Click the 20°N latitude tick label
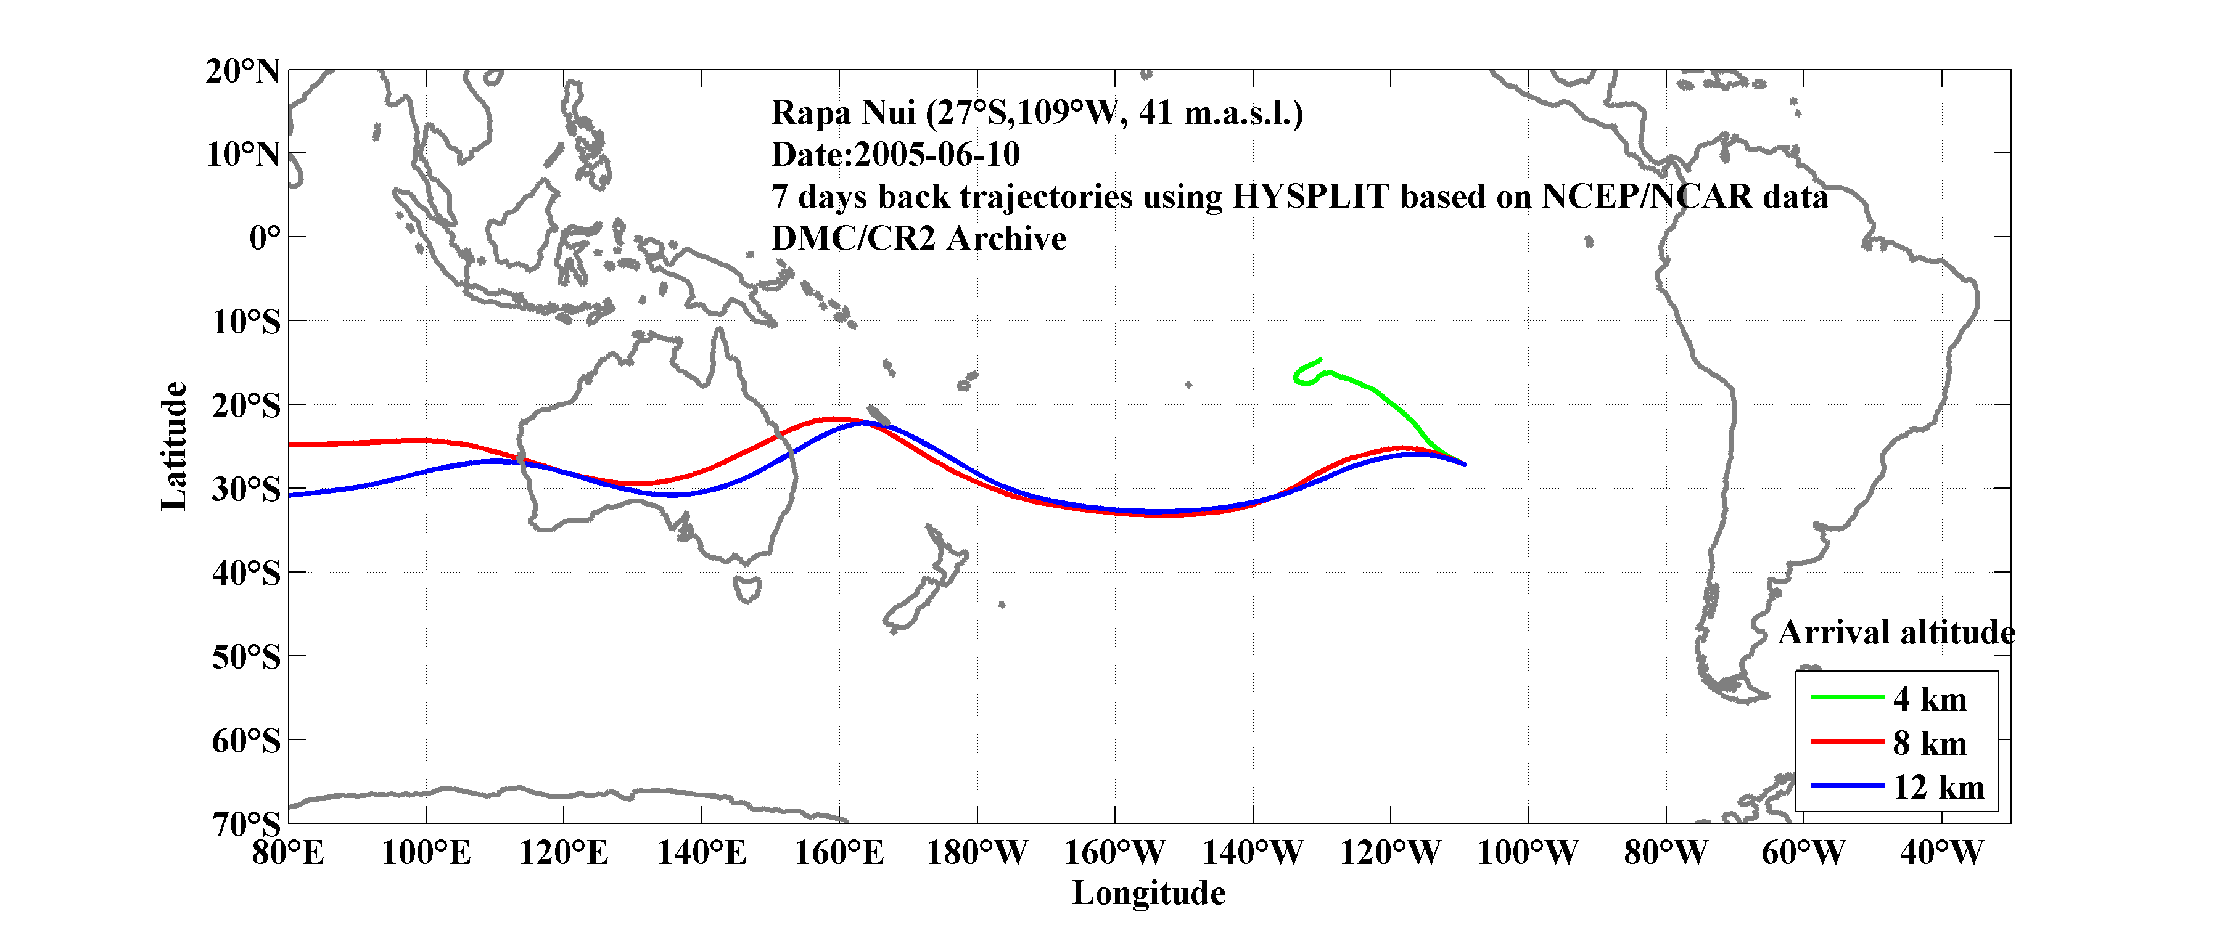pyautogui.click(x=243, y=71)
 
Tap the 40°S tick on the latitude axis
pyautogui.click(x=246, y=573)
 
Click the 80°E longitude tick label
pyautogui.click(x=288, y=854)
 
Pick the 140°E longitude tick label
pyautogui.click(x=701, y=854)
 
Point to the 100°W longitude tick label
pyautogui.click(x=1528, y=854)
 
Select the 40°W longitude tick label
pyautogui.click(x=1941, y=854)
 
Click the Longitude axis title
pyautogui.click(x=1148, y=893)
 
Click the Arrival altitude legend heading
pyautogui.click(x=1896, y=633)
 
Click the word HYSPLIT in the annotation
pyautogui.click(x=1309, y=197)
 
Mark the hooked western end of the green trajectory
pyautogui.click(x=1298, y=376)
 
